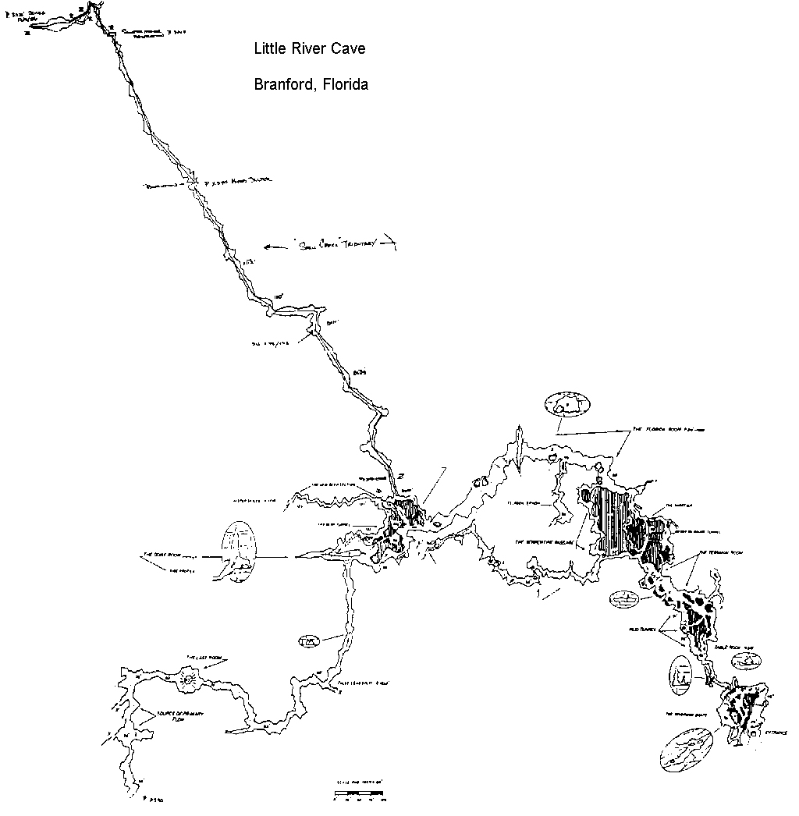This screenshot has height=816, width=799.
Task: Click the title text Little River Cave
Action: point(310,49)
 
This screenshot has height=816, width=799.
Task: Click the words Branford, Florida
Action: point(311,84)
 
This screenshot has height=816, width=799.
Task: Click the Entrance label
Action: point(776,733)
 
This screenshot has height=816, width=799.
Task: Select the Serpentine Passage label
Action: point(544,541)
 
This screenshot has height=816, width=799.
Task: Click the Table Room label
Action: point(734,647)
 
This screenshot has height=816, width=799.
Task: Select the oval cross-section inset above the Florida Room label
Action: point(567,405)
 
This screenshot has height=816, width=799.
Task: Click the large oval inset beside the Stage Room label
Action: point(239,552)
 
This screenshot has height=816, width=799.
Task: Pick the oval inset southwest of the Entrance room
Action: point(686,747)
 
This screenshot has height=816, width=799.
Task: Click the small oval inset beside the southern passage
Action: point(310,641)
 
